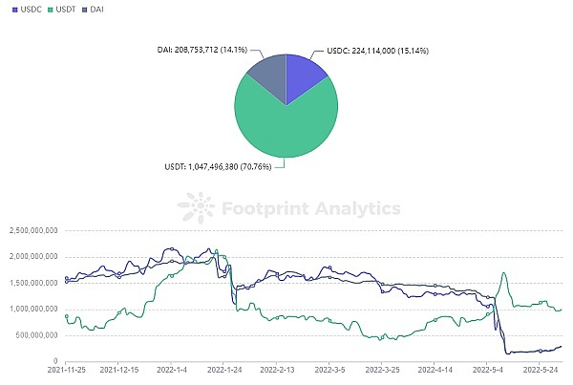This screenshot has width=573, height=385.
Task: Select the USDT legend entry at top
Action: [65, 9]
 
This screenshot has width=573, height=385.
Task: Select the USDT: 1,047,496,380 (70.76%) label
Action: [204, 166]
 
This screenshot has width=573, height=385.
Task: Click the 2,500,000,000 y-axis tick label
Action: [33, 231]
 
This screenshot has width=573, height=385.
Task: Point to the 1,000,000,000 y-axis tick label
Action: [33, 310]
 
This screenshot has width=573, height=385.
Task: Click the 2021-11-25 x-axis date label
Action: [65, 372]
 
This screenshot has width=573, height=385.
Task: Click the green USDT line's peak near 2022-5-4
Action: [503, 273]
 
